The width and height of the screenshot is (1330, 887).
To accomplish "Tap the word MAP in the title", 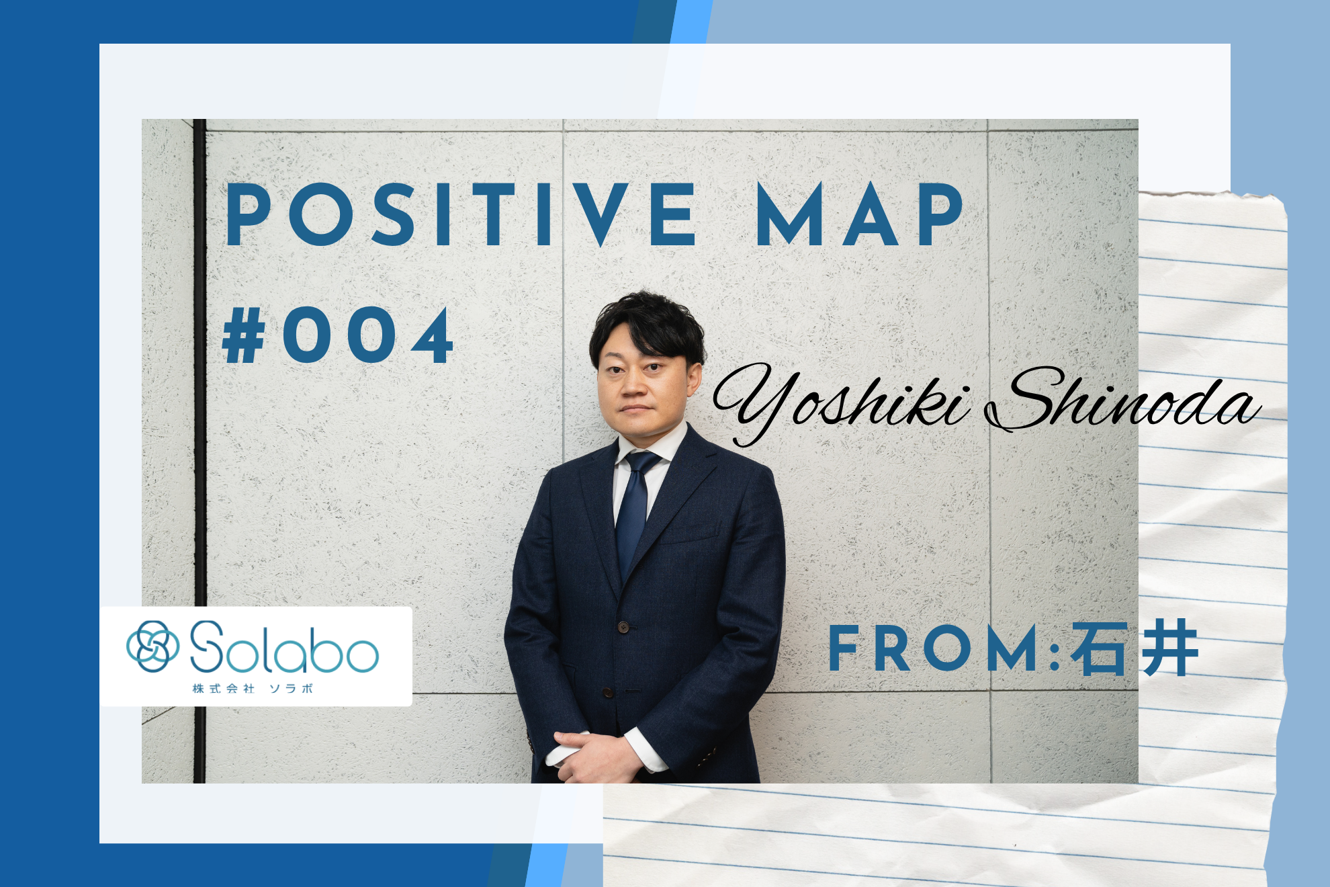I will coord(860,214).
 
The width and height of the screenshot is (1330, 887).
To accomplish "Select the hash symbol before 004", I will coord(243,335).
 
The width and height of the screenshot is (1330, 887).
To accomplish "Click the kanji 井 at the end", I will coord(1170,648).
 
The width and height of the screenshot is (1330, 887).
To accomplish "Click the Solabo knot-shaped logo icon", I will coord(153,646).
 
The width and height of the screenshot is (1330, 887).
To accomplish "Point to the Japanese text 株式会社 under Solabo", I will coord(223,689).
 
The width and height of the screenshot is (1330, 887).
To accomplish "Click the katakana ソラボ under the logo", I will coord(291,689).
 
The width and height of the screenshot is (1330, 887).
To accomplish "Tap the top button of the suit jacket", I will coord(623,627).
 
